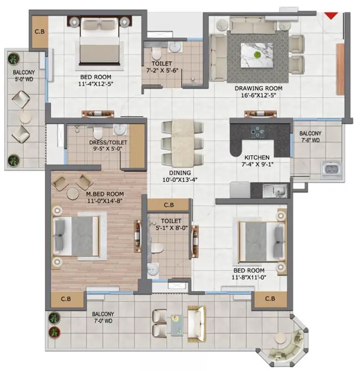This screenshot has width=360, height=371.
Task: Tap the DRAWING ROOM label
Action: pos(258,88)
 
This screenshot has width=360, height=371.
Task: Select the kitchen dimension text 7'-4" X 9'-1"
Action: pos(257,164)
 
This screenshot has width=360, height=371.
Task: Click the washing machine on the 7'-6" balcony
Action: pos(331,170)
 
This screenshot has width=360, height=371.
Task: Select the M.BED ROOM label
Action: pos(105,194)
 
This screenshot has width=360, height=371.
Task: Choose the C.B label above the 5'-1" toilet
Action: pos(169,205)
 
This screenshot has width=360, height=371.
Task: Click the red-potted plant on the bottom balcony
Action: pos(54,332)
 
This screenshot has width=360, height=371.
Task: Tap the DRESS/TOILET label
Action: pos(108,143)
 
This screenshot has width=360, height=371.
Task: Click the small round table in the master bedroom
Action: pos(73,194)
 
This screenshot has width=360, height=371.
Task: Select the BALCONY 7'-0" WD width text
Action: pos(103,321)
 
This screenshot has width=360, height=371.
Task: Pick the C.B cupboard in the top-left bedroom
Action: pos(40,32)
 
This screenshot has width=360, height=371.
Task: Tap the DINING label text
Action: pos(180,173)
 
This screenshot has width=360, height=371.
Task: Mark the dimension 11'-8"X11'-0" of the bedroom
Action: pos(249,277)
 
